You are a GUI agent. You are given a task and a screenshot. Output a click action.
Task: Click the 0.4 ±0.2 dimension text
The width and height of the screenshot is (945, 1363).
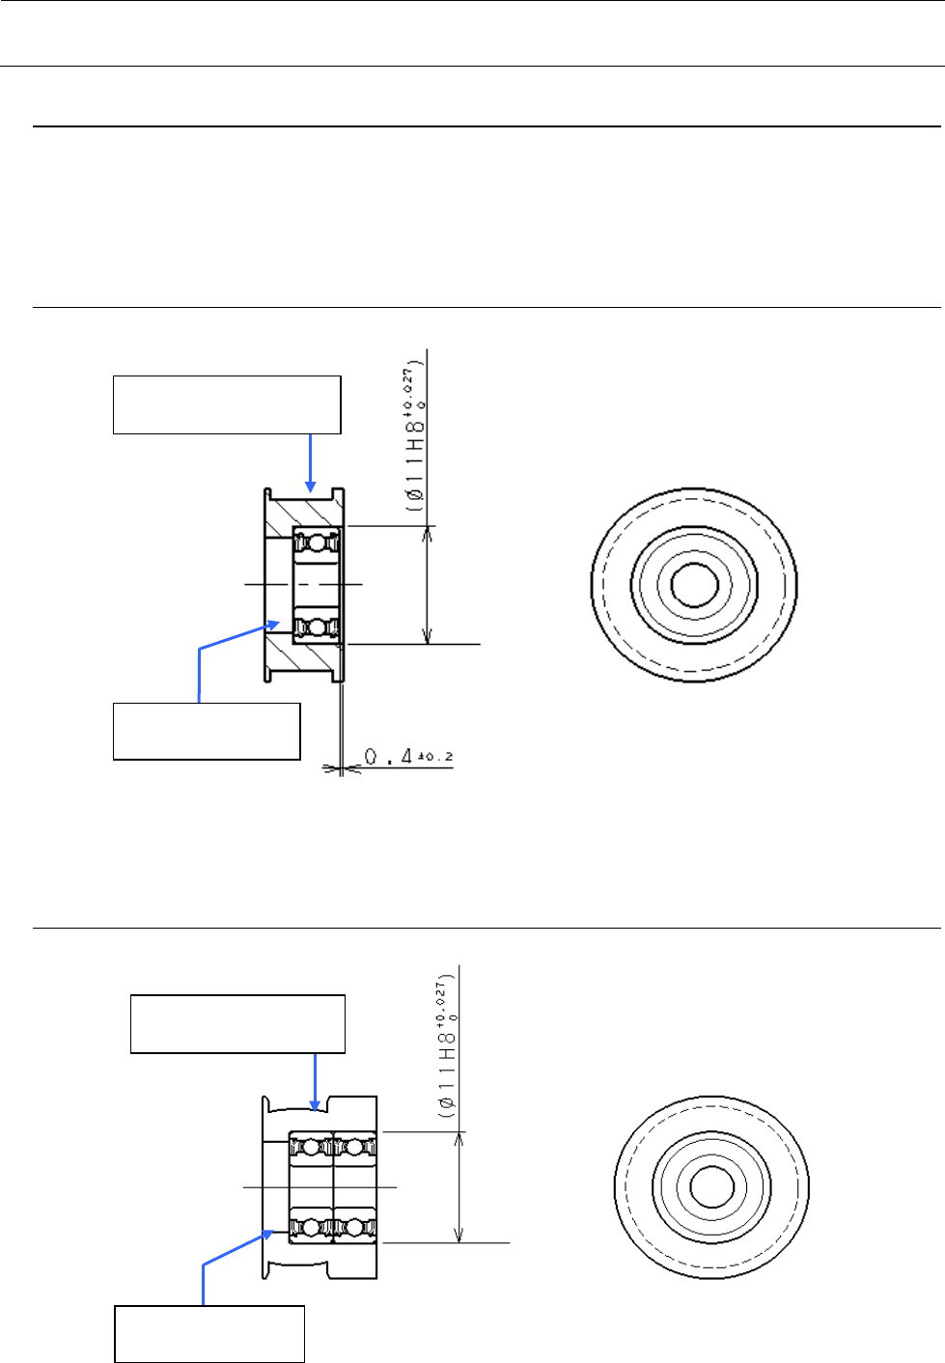click(x=409, y=757)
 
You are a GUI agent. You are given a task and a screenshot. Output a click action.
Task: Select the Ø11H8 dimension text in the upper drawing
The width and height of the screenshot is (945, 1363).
click(x=416, y=438)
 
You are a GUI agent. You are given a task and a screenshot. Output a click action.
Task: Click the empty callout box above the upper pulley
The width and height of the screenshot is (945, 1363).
click(x=227, y=404)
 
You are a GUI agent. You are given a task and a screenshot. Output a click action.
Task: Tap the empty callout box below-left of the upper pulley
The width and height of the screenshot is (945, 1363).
click(x=207, y=732)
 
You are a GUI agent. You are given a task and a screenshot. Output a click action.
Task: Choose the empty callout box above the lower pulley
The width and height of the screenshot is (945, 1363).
click(x=237, y=1024)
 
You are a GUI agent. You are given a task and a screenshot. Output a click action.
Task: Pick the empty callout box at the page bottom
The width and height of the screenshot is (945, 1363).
click(x=209, y=1334)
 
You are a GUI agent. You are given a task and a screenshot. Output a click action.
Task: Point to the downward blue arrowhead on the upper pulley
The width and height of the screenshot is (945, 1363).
click(x=311, y=487)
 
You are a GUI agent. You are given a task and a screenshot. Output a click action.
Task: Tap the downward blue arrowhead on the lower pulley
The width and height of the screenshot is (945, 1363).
click(x=315, y=1105)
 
